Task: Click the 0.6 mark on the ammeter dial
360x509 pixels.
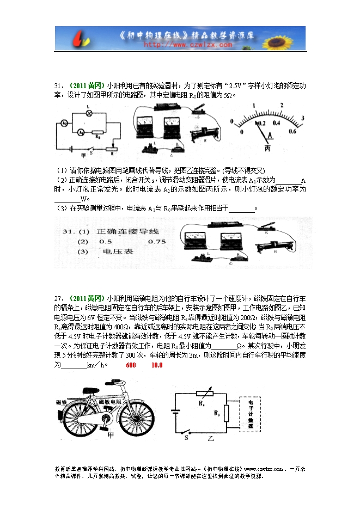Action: coord(292,131)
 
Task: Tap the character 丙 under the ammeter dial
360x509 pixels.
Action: coord(267,148)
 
